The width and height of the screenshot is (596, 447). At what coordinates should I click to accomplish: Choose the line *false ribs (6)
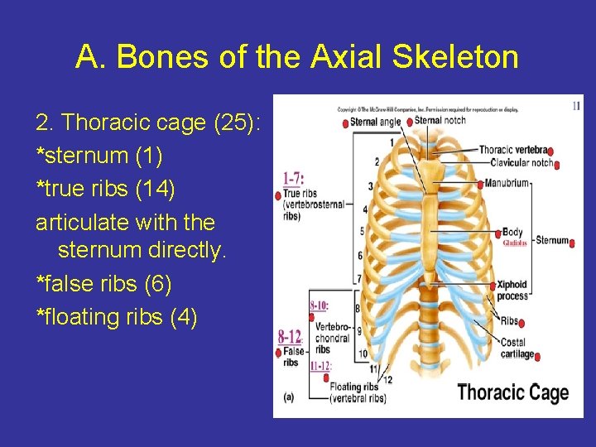[x=104, y=284]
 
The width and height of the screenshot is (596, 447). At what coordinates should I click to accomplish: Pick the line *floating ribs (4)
[x=117, y=317]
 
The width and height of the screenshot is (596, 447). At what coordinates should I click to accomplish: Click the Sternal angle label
[x=375, y=122]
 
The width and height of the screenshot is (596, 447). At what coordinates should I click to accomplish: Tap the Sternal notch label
[x=440, y=120]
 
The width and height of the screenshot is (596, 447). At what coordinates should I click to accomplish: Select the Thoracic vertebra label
[x=513, y=150]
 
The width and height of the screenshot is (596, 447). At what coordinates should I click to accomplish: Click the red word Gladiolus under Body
[x=515, y=243]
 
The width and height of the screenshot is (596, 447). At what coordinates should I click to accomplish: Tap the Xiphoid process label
[x=512, y=291]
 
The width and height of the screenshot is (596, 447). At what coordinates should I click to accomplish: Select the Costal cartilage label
[x=517, y=348]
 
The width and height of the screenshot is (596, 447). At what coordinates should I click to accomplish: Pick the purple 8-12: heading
[x=290, y=337]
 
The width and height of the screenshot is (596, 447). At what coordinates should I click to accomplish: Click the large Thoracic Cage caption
[x=512, y=392]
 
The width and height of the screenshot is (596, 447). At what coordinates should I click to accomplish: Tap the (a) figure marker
[x=288, y=397]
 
